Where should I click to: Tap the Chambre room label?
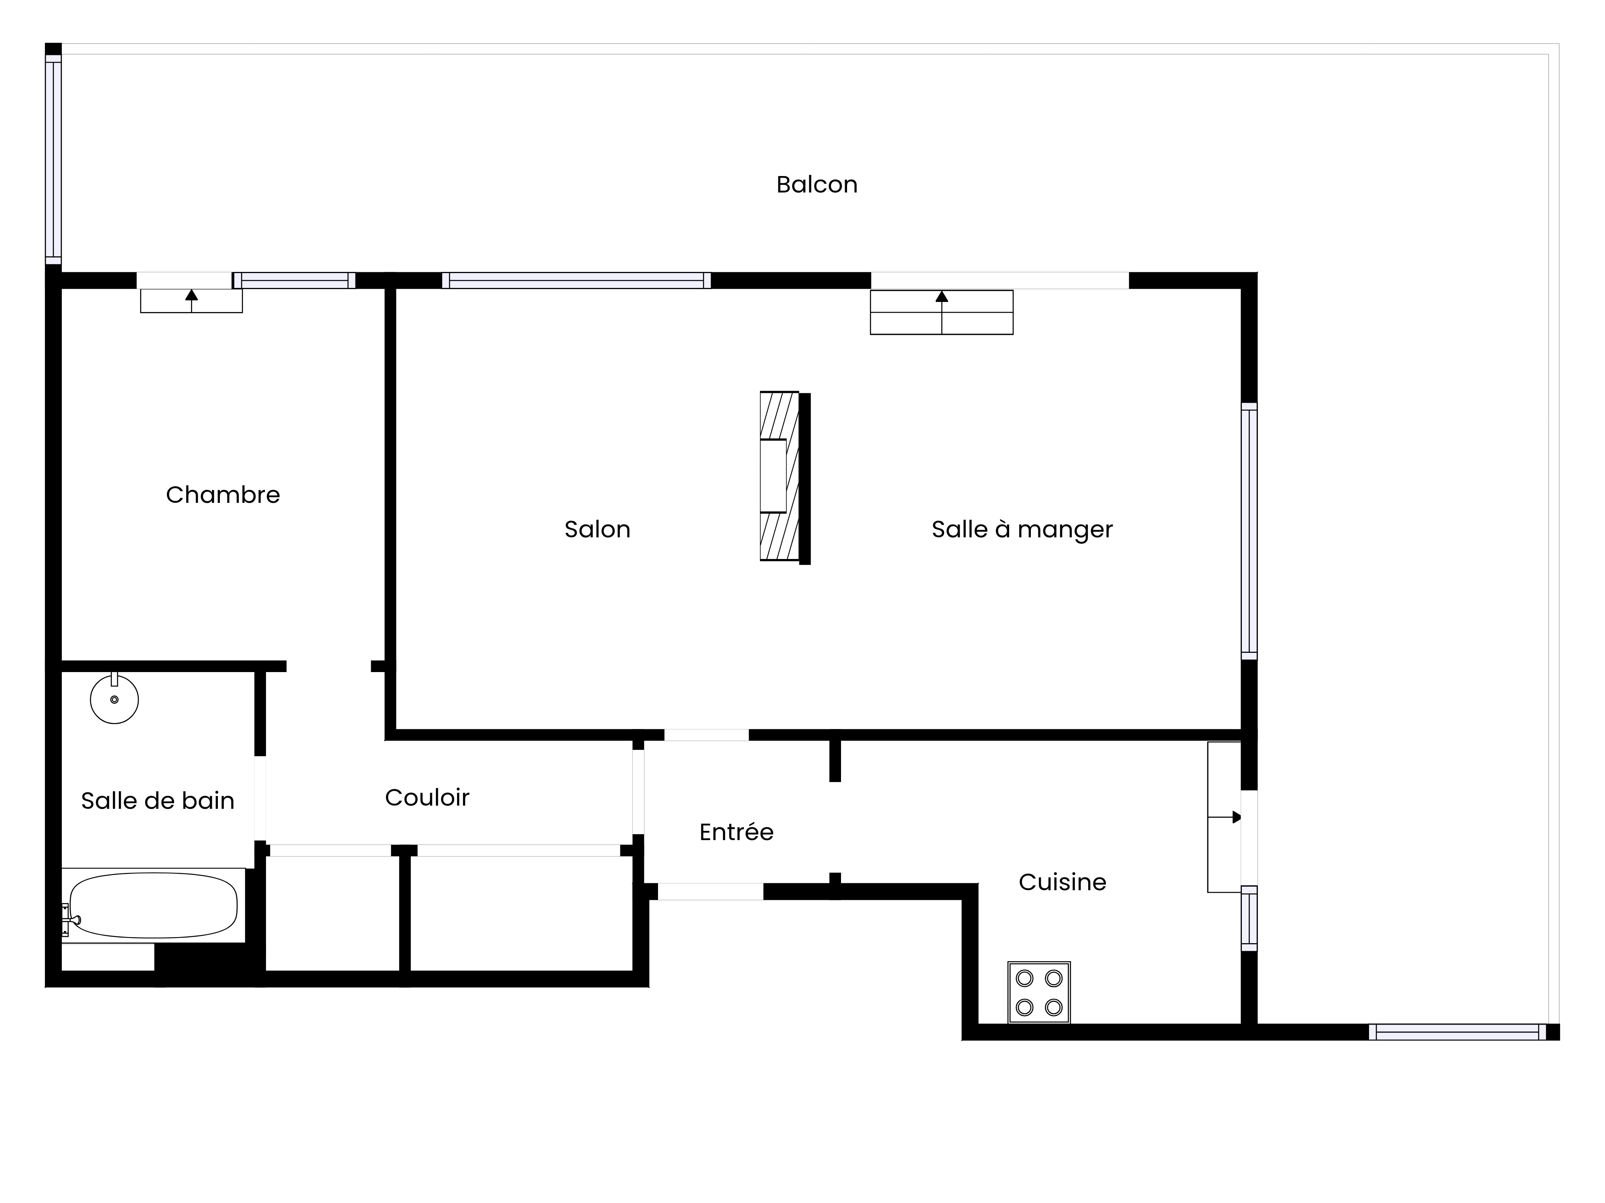[223, 494]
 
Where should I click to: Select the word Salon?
[597, 529]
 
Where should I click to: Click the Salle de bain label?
[157, 800]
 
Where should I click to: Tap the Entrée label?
[736, 832]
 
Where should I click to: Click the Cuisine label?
[1062, 882]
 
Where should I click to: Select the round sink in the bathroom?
[114, 699]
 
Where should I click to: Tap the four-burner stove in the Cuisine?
[1039, 992]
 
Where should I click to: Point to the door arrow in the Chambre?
[191, 300]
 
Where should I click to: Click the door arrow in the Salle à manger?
[942, 312]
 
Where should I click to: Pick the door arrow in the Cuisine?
[1225, 817]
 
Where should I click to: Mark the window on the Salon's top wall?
[576, 281]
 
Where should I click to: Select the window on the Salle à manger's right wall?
[1249, 531]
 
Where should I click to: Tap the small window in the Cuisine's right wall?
[1249, 918]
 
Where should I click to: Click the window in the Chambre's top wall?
[294, 281]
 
